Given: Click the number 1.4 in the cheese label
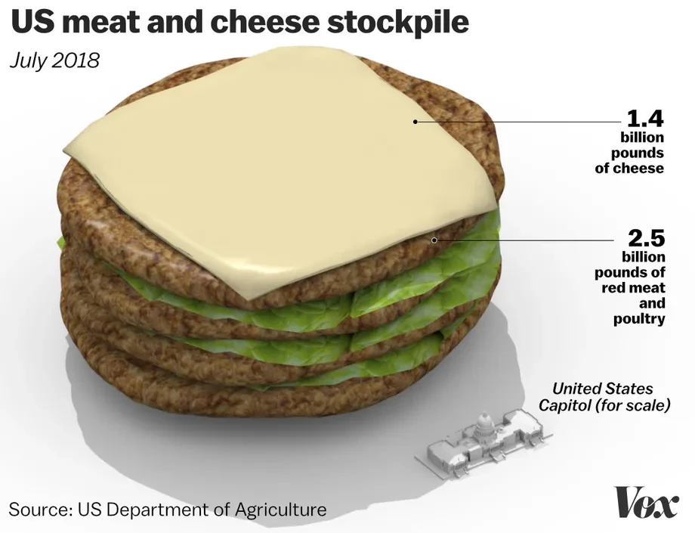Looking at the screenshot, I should [644, 119].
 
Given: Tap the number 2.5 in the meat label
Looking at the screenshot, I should [646, 239].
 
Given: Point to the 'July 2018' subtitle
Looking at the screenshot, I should [54, 60].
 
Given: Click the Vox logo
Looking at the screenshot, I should [647, 504].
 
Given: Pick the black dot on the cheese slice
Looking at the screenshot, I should [415, 121].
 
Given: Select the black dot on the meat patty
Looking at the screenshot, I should [433, 240].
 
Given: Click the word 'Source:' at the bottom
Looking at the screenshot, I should [39, 510].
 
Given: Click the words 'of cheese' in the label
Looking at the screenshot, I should [629, 169].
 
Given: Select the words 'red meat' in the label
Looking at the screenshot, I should [633, 287].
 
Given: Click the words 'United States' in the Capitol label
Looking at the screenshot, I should [602, 389].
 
